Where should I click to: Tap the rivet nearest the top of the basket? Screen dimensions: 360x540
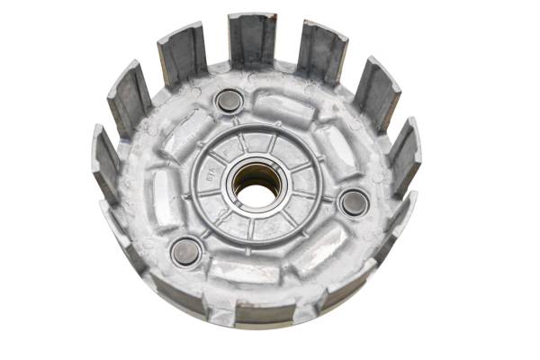[229, 101]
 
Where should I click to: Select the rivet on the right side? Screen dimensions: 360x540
[354, 202]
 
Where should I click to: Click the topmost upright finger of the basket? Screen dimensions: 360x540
[252, 40]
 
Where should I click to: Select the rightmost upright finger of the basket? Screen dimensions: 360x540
[404, 157]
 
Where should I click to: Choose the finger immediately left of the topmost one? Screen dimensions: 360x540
[183, 54]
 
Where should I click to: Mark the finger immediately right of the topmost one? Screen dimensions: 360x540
[321, 52]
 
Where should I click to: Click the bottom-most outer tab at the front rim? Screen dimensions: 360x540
[265, 312]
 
